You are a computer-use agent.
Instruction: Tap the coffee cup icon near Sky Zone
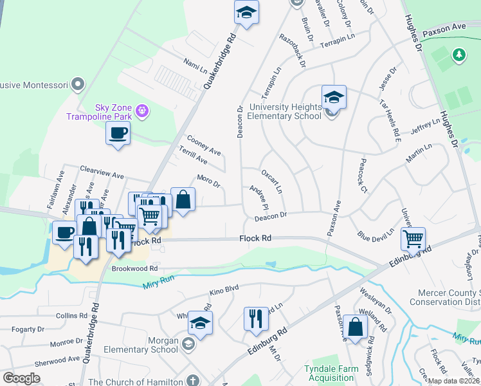[x=118, y=134]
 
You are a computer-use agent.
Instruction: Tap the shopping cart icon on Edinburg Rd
[x=412, y=239]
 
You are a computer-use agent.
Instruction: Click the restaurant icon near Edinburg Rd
[x=256, y=318]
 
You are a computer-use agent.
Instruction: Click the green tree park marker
[x=459, y=57]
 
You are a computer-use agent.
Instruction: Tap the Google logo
[x=21, y=378]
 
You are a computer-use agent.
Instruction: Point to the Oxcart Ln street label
[x=271, y=181]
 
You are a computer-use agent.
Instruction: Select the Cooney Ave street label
[x=203, y=145]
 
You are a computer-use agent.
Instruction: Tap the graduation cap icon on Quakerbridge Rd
[x=245, y=13]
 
